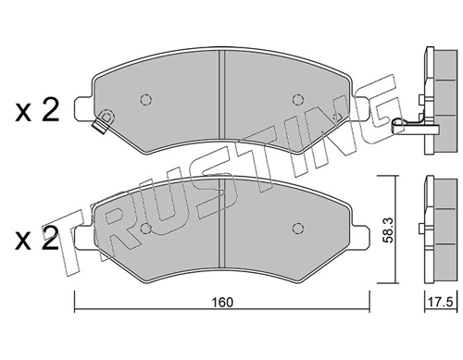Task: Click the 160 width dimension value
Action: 222,303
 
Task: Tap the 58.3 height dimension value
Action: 388,230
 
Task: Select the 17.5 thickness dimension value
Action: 440,302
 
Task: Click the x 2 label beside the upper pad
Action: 37,110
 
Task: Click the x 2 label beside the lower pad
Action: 37,239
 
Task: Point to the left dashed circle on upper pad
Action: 145,99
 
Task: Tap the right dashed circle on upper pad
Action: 297,99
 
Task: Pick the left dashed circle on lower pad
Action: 145,229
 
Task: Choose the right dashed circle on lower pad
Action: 297,229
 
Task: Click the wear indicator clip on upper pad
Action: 104,121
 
